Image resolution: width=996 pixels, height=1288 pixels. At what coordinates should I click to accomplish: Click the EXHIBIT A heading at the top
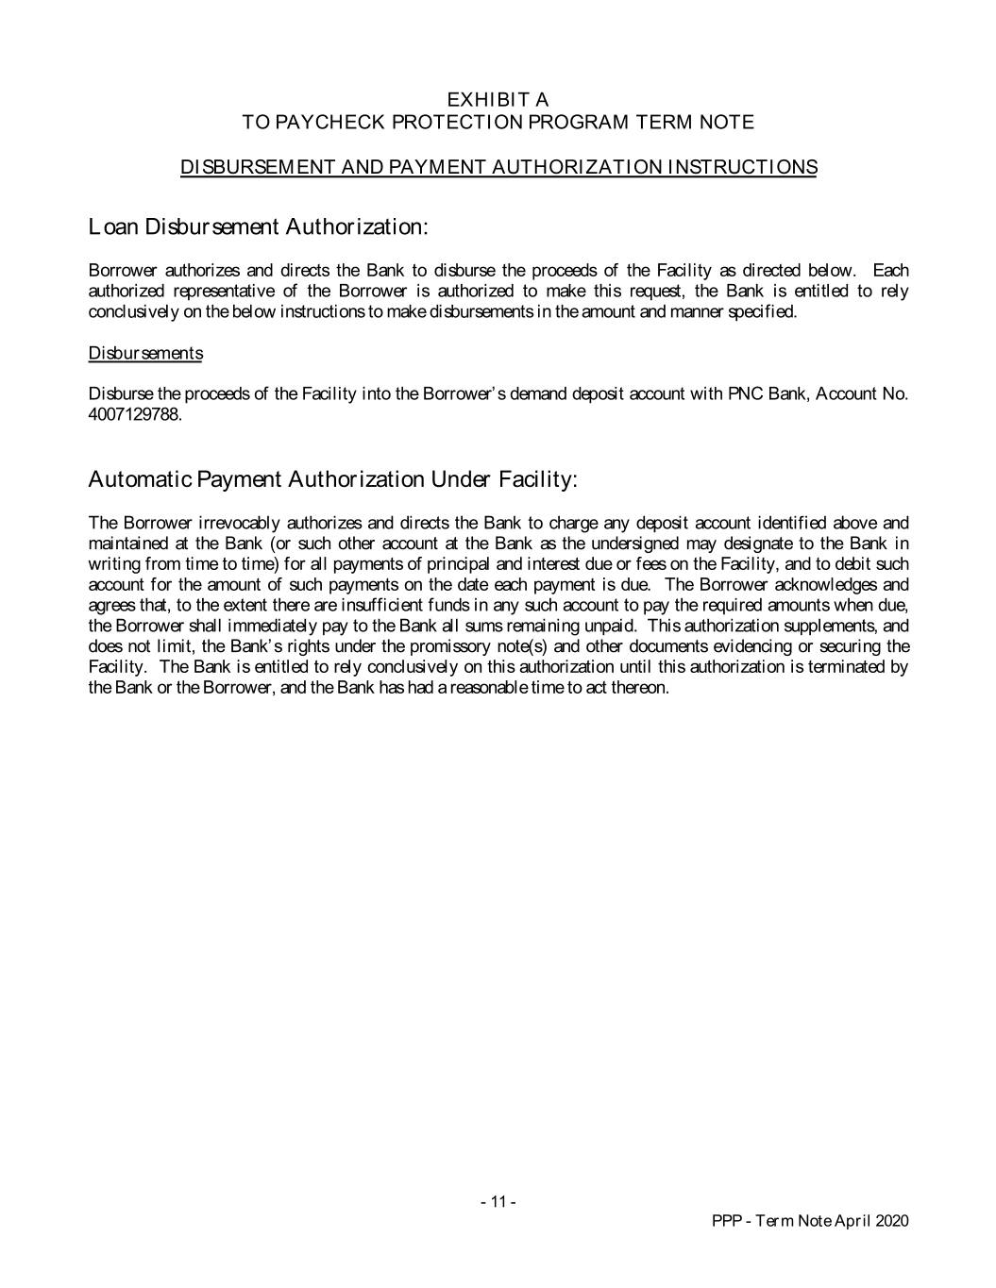click(498, 100)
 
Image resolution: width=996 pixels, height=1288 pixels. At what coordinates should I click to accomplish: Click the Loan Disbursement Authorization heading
click(259, 227)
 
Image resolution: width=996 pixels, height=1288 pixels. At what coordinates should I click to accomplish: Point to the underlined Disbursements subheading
click(145, 354)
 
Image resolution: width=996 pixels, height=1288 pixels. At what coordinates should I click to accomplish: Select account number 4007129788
click(133, 415)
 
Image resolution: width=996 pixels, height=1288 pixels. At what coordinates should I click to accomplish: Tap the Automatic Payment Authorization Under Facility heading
click(332, 479)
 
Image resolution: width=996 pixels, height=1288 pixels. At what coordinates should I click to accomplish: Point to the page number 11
click(498, 1202)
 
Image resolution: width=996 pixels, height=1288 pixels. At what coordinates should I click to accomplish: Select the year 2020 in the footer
click(891, 1221)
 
